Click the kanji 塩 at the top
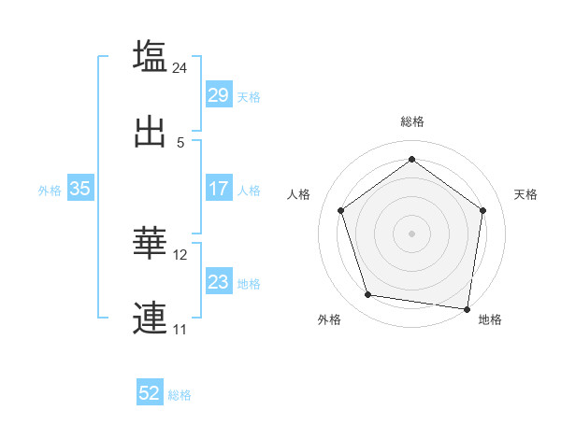(x=150, y=56)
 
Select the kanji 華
(x=150, y=243)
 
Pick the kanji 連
(x=150, y=319)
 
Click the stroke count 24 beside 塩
(x=180, y=67)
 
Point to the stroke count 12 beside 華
(x=180, y=254)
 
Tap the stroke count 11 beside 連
(x=180, y=329)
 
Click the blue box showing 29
(x=218, y=95)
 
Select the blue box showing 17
(x=218, y=189)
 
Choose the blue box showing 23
(x=218, y=282)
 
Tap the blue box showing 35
(x=79, y=189)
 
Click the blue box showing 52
(x=150, y=394)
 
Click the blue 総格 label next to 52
(x=180, y=395)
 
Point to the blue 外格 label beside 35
(x=50, y=190)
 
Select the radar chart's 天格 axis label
(x=526, y=194)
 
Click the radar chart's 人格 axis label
(x=299, y=194)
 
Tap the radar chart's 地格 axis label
(x=490, y=319)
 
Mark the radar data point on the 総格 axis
(x=411, y=159)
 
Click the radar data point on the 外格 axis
(x=368, y=295)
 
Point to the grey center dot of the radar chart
(x=411, y=233)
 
